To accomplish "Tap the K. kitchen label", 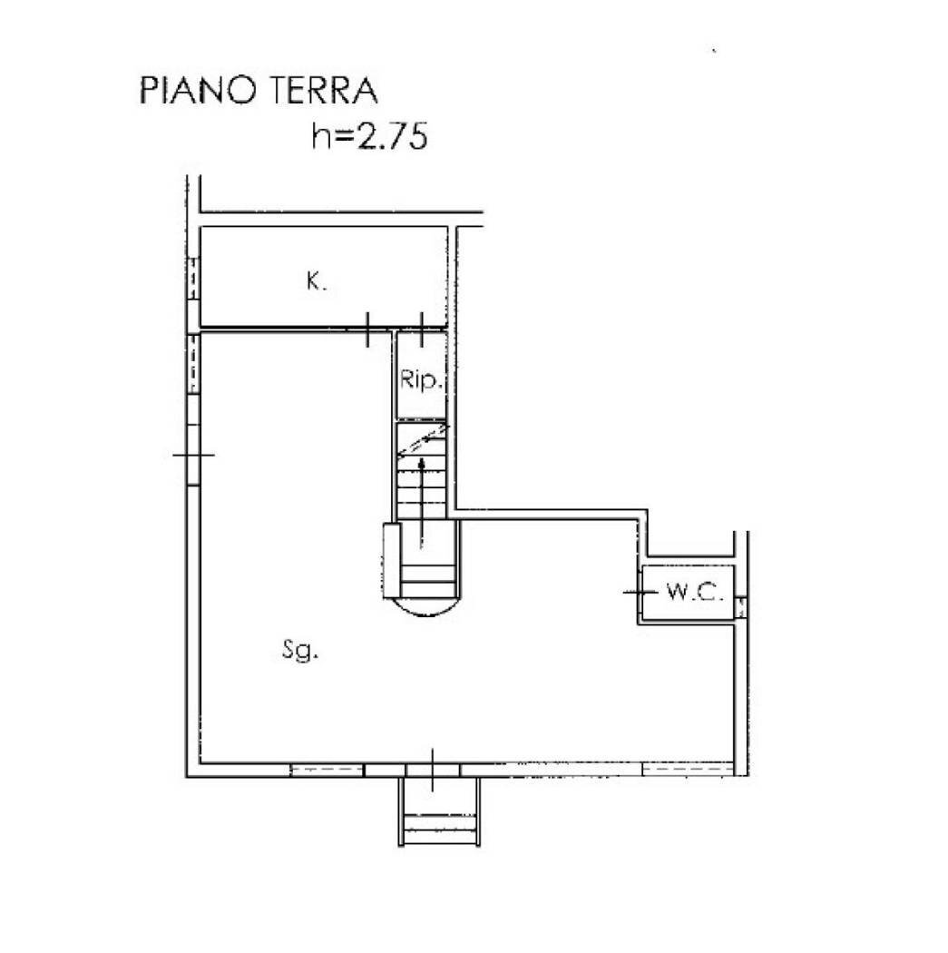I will coord(315,282).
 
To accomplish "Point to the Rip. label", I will coord(422,381).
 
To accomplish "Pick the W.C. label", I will coord(694,593).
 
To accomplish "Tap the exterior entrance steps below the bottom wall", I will coord(438,813).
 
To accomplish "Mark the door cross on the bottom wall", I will coord(433,770).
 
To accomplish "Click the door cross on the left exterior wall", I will coord(193,454).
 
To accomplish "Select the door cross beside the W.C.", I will coord(640,592).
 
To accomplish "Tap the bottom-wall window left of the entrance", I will coord(326,771).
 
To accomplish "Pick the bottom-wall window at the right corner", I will coord(687,771).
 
